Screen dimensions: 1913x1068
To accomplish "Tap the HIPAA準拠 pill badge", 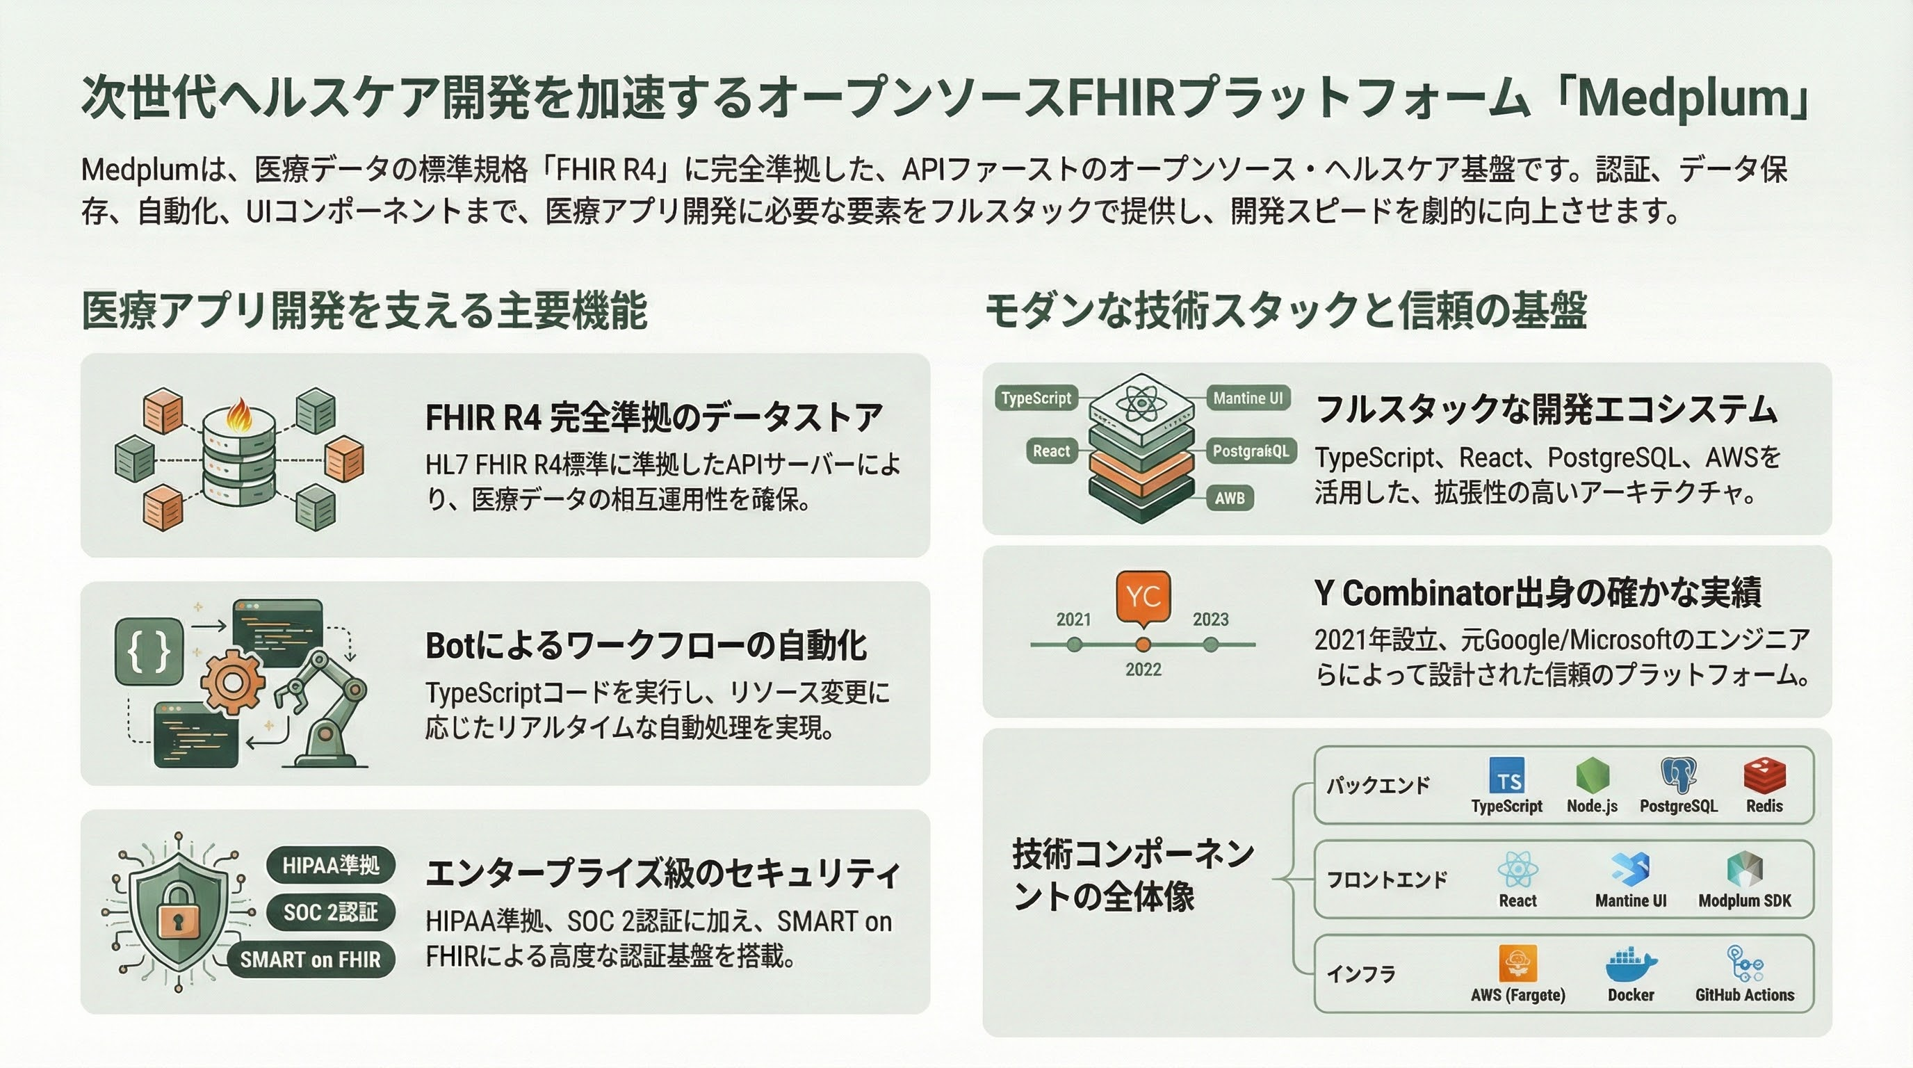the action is pos(330,864).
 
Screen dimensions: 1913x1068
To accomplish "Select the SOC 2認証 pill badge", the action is pos(330,912).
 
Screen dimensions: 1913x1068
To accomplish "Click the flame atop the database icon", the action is pos(239,414).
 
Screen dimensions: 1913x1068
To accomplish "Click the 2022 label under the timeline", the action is pos(1143,669).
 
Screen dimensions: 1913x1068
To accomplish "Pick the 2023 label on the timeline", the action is pos(1210,620).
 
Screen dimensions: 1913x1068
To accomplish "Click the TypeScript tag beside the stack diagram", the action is pos(1036,398).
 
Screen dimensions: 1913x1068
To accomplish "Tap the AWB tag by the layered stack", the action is pos(1230,498).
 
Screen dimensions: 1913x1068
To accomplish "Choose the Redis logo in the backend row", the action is pos(1764,775).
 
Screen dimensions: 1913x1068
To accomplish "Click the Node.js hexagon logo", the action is pos(1592,775).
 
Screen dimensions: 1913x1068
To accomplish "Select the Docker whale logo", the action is pos(1631,964).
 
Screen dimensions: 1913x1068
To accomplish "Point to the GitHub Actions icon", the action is pos(1744,964).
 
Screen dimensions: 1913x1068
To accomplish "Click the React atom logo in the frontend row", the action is pos(1517,869).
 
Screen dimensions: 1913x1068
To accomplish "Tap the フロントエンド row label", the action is pos(1387,880).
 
